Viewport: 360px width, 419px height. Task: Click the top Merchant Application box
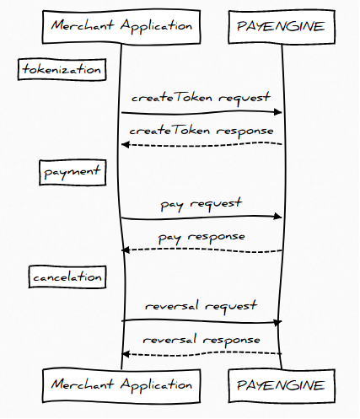click(121, 27)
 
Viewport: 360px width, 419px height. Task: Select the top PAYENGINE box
click(282, 27)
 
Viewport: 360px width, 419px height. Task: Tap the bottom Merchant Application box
click(121, 386)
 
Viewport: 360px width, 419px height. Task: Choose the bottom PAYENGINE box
click(282, 386)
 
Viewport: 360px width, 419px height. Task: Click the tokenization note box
click(62, 69)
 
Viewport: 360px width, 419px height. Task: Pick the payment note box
click(73, 172)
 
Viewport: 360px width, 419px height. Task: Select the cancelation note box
click(67, 277)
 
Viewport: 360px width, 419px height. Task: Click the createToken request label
click(201, 98)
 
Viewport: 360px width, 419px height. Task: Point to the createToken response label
click(201, 131)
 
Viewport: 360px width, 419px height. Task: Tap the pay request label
click(201, 204)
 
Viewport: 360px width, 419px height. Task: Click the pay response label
click(201, 238)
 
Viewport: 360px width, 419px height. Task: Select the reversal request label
click(201, 306)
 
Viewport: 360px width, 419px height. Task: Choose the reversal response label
click(201, 340)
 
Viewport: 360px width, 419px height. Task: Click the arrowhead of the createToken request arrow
click(278, 112)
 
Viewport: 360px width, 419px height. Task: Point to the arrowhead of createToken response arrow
click(126, 145)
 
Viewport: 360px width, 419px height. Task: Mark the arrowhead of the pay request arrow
click(278, 216)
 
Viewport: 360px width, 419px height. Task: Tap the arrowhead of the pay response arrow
click(126, 250)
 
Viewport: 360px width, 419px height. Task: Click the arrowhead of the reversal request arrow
click(278, 322)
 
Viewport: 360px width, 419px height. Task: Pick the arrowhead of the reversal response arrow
click(126, 354)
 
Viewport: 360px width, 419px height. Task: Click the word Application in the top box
click(156, 26)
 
